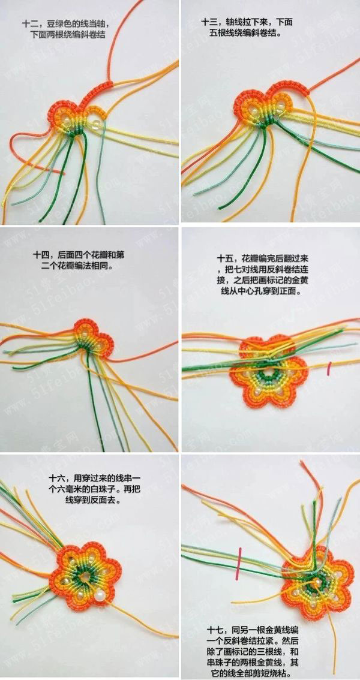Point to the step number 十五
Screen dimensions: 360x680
pos(225,258)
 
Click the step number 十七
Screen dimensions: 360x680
pos(215,629)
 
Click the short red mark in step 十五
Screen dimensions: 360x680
pos(329,368)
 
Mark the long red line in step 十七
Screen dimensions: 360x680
pos(239,563)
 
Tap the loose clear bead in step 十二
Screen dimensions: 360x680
pos(95,125)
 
